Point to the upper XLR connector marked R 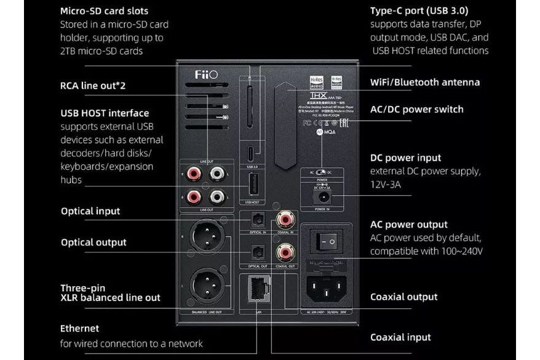207,236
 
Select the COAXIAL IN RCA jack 285,218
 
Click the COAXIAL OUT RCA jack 285,251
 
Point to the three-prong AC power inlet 327,284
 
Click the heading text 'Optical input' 90,211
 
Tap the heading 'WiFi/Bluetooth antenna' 425,82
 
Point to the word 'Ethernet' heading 80,328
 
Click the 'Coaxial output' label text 403,297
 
